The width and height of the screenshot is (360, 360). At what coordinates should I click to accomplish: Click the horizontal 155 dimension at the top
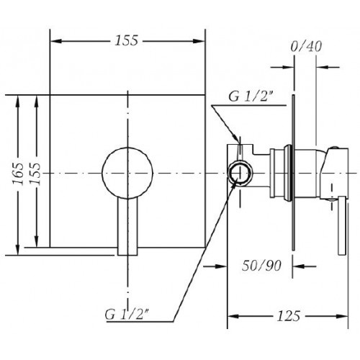point(127,40)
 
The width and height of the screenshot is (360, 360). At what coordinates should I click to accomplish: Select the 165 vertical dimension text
point(19,174)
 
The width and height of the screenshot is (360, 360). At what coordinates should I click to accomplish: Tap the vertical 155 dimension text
point(36,174)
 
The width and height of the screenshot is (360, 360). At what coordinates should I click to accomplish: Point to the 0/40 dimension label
point(306,47)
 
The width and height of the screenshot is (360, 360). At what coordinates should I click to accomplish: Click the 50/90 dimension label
point(261,266)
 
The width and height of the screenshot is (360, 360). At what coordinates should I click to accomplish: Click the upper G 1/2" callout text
point(251,96)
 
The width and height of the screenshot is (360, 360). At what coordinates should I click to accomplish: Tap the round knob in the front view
point(127,173)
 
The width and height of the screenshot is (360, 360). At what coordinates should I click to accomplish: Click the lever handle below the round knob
point(127,227)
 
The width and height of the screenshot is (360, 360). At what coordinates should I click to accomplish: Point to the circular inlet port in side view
point(240,173)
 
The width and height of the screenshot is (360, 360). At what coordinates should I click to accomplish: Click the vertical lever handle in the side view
point(341,225)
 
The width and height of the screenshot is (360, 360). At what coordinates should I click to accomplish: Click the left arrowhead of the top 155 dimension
point(55,41)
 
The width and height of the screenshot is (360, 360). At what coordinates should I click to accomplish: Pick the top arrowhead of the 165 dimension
point(18,101)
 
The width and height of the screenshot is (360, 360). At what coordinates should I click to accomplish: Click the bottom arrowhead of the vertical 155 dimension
point(36,241)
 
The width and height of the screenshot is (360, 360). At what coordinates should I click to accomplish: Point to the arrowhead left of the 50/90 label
point(221,266)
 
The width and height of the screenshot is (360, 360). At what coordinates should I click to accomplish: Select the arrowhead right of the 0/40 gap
point(322,67)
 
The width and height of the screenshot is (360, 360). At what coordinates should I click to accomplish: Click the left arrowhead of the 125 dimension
point(233,316)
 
